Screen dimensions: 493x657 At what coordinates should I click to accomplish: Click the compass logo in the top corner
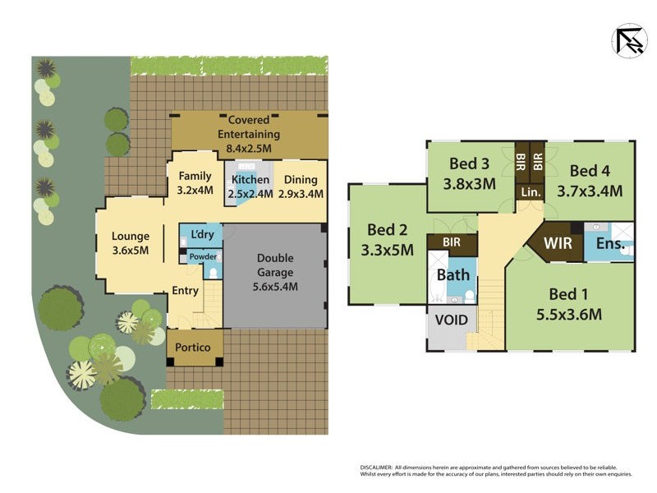(629, 40)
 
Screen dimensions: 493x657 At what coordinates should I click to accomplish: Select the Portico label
(195, 347)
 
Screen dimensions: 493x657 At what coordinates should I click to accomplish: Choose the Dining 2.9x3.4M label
(299, 187)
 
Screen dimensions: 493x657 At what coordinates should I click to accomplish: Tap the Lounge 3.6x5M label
(131, 245)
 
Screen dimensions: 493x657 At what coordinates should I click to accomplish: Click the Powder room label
(203, 256)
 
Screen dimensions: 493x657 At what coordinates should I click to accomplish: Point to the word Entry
(185, 290)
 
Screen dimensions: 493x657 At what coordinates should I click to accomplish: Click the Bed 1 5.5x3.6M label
(569, 303)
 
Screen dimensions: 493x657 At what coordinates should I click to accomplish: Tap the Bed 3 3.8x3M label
(469, 175)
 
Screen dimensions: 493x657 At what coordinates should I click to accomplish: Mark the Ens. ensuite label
(610, 243)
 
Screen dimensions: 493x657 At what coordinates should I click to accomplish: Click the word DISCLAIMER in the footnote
(378, 467)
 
